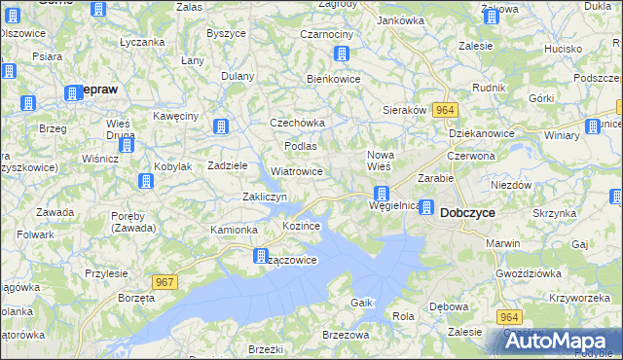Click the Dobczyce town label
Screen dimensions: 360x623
click(470, 211)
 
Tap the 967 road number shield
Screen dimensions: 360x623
click(165, 282)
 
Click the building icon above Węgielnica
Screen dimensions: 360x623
click(383, 194)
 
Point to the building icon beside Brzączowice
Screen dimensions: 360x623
click(261, 257)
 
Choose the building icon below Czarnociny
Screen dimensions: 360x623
click(342, 54)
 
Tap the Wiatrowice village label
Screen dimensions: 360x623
click(297, 171)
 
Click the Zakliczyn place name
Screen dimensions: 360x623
click(264, 197)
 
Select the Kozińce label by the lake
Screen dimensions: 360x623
click(301, 226)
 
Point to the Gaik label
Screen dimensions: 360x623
click(362, 303)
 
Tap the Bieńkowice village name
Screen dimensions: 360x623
click(334, 78)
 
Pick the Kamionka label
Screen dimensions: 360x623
click(234, 230)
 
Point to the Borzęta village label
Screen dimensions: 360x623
click(136, 295)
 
